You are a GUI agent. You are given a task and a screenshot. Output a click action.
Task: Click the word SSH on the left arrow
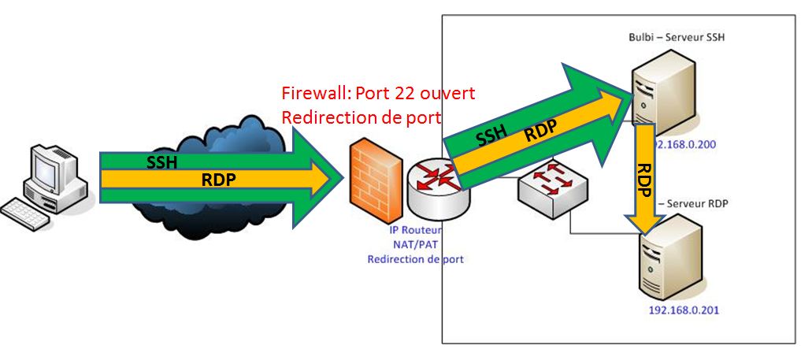click(x=162, y=163)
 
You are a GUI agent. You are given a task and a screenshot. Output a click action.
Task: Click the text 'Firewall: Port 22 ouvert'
click(x=378, y=93)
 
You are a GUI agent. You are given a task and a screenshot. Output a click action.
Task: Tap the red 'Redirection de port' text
click(x=362, y=115)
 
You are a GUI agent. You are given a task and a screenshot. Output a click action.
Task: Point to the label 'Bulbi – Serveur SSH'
click(x=675, y=38)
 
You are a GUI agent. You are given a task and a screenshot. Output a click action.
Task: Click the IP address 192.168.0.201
click(x=684, y=310)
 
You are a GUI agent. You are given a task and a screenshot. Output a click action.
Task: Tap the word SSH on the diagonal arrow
click(x=490, y=137)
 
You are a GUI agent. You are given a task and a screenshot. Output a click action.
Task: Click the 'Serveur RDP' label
click(x=697, y=203)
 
